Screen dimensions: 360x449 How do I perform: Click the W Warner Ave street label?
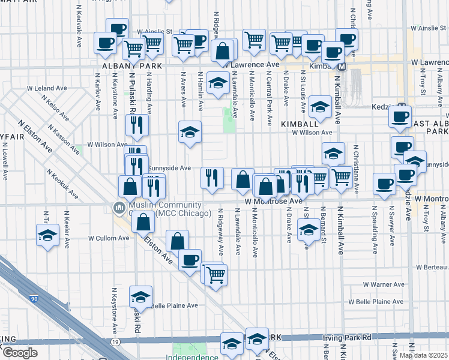click(384, 284)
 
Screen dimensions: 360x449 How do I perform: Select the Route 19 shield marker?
click(113, 341)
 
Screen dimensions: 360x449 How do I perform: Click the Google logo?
click(19, 353)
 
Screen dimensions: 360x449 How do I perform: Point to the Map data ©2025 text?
click(423, 355)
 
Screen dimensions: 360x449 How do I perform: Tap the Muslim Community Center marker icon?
click(118, 208)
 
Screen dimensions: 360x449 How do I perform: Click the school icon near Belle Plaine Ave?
click(141, 296)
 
